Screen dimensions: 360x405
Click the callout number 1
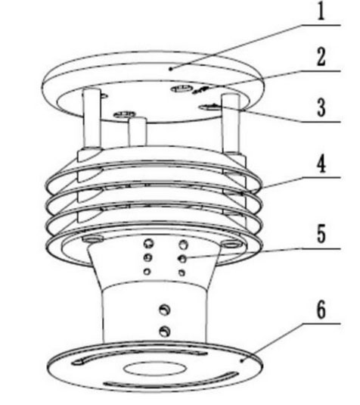[x=321, y=11]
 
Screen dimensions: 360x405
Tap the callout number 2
[x=321, y=57]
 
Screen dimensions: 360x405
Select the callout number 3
[x=321, y=107]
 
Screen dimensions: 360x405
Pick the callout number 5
[x=321, y=234]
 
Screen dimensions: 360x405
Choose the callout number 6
[x=321, y=309]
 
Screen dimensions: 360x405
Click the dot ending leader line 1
[x=170, y=69]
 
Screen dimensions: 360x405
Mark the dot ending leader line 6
[x=241, y=361]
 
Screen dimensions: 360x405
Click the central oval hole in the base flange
[x=155, y=368]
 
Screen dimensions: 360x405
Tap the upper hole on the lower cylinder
[x=165, y=310]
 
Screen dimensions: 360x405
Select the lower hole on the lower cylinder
[x=165, y=331]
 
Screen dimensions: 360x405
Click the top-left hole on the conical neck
[x=149, y=243]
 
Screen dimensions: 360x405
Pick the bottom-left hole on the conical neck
[x=147, y=272]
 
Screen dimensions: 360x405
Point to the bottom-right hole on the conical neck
[x=182, y=273]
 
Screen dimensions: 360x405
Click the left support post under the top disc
[x=92, y=118]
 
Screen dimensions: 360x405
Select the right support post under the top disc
[x=231, y=123]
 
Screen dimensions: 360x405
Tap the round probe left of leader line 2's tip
[x=182, y=89]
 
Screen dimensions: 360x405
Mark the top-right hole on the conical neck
[x=184, y=245]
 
